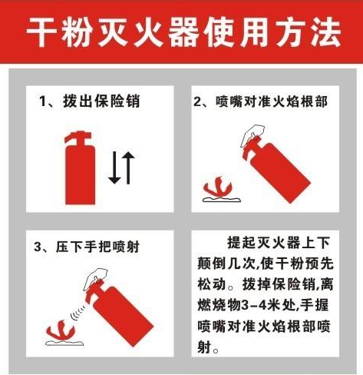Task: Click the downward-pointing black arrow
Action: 114,168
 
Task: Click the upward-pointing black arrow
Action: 128,168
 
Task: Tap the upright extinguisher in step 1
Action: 80,168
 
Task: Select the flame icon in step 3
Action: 61,331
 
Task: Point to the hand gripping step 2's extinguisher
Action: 252,134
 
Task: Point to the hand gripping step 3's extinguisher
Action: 95,277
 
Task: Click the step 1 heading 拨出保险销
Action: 101,101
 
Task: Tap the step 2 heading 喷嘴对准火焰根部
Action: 272,101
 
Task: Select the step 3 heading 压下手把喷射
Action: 97,247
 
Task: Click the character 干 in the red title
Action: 41,32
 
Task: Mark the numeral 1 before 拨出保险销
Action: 42,101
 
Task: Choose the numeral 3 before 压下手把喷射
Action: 38,247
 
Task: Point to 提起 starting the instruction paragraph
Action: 242,242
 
